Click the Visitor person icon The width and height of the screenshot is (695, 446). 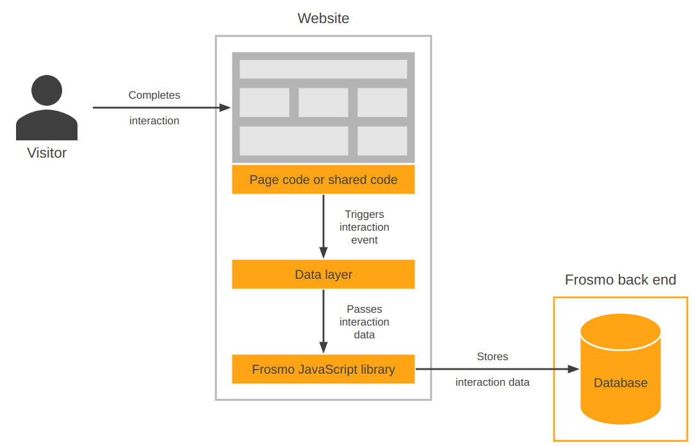pyautogui.click(x=47, y=108)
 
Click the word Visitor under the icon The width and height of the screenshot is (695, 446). pyautogui.click(x=47, y=153)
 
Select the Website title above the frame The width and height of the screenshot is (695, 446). pyautogui.click(x=323, y=18)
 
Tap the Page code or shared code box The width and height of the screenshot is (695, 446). pyautogui.click(x=323, y=179)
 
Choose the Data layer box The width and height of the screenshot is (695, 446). pyautogui.click(x=323, y=274)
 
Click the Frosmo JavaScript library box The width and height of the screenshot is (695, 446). pyautogui.click(x=323, y=369)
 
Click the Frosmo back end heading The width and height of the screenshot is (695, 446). pyautogui.click(x=620, y=280)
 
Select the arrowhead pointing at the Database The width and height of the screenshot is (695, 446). pyautogui.click(x=573, y=369)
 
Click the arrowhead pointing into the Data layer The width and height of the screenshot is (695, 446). pyautogui.click(x=323, y=253)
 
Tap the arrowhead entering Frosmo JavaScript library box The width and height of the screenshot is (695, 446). pyautogui.click(x=323, y=348)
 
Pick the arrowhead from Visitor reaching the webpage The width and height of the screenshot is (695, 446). pyautogui.click(x=225, y=108)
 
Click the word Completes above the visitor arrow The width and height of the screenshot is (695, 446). pyautogui.click(x=154, y=95)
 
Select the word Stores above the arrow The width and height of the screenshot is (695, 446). pyautogui.click(x=493, y=356)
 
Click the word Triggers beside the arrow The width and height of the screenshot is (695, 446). pyautogui.click(x=364, y=214)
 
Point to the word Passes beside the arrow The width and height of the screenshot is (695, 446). pyautogui.click(x=364, y=309)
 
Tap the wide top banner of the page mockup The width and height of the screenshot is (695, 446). pyautogui.click(x=323, y=69)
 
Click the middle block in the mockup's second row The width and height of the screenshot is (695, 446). pyautogui.click(x=323, y=103)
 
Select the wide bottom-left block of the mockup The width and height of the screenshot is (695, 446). pyautogui.click(x=294, y=141)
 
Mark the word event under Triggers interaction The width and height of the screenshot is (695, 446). pyautogui.click(x=364, y=240)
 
